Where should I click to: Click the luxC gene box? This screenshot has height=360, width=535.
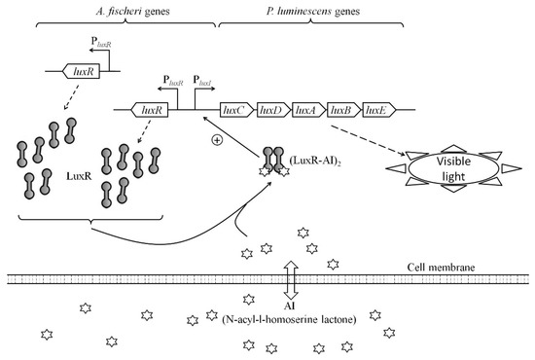[235, 111]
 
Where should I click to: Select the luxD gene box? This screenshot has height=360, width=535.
[270, 111]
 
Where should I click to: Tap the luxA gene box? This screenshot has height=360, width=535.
[306, 111]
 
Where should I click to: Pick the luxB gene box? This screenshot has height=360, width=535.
[341, 111]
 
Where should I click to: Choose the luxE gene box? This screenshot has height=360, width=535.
[374, 111]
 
